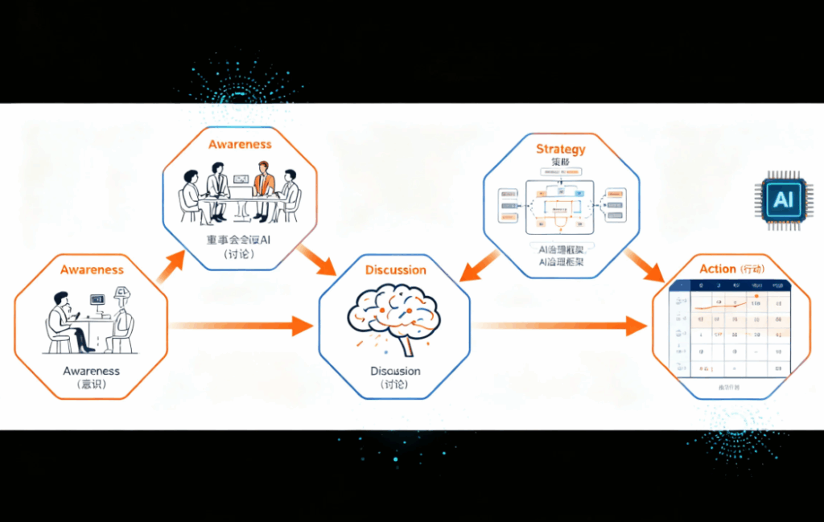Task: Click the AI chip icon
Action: coord(781,200)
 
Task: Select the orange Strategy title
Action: coord(561,149)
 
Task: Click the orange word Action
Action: coord(717,269)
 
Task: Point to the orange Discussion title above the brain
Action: coord(395,269)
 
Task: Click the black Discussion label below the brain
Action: coord(395,371)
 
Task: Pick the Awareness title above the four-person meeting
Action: coord(240,145)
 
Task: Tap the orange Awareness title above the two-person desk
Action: coord(92,269)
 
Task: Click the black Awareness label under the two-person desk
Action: coord(91,371)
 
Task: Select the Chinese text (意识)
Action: coord(91,385)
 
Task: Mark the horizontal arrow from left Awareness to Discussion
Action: coord(241,326)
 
